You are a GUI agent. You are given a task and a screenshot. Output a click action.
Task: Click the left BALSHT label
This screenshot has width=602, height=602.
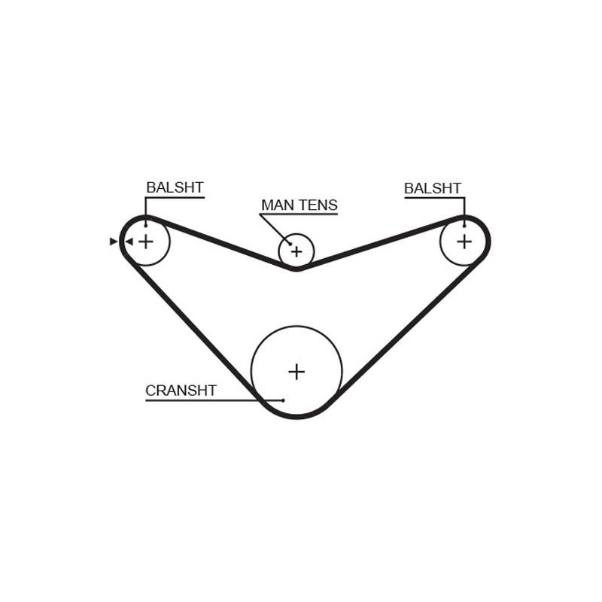[175, 187]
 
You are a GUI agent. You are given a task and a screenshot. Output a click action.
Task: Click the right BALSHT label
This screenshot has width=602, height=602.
[432, 188]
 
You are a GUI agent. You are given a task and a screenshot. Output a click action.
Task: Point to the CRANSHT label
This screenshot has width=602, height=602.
[181, 391]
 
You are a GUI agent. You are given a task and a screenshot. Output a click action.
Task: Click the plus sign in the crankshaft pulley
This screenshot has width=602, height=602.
[296, 372]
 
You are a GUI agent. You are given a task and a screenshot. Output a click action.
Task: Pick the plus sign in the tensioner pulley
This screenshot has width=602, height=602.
[296, 252]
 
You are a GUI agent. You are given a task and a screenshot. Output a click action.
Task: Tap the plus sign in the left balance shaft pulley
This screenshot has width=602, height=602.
[145, 242]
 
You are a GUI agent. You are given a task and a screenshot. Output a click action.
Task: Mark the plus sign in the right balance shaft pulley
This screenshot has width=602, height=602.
[464, 242]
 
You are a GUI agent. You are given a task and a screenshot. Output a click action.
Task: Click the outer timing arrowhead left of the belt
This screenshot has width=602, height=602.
[114, 242]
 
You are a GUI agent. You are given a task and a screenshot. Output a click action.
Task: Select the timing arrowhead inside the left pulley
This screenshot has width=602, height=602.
[129, 242]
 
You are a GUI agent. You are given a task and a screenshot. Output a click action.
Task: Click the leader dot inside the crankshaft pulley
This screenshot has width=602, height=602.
[283, 400]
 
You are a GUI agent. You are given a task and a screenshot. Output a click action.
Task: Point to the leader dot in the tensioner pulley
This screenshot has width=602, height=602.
[290, 243]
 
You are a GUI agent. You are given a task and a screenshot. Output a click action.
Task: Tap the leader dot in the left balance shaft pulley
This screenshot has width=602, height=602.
[145, 225]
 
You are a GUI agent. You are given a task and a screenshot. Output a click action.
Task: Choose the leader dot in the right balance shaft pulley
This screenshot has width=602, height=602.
[464, 226]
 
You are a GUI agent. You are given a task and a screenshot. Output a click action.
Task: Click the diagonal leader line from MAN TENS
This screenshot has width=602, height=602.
[275, 229]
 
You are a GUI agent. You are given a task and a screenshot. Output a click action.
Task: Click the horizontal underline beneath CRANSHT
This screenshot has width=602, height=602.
[214, 400]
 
